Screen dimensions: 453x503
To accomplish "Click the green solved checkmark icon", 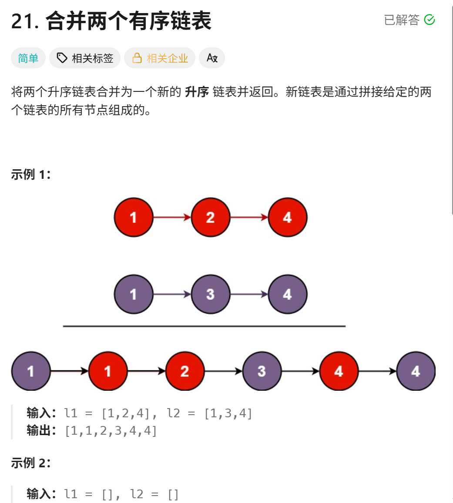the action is point(430,20).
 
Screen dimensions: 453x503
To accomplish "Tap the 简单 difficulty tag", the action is point(28,58).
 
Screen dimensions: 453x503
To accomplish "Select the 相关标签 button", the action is point(85,58).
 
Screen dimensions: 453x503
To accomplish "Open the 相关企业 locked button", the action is point(160,58).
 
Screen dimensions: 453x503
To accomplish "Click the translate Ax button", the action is point(212,58).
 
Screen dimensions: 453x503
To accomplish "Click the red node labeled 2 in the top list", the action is point(210,217).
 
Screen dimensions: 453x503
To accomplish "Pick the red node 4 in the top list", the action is point(287,217).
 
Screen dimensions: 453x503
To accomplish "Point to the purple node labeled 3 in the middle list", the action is point(210,294).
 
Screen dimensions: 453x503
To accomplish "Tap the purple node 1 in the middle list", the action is point(134,294).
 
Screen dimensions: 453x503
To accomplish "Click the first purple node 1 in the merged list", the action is point(30,371).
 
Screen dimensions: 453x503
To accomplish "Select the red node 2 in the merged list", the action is point(185,371).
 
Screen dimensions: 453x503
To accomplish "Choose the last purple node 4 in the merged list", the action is point(416,371).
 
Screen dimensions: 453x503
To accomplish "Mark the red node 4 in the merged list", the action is point(339,371).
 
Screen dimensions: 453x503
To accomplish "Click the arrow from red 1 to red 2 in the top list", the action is point(172,217).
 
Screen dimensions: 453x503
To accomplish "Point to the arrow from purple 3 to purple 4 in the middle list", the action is point(249,294).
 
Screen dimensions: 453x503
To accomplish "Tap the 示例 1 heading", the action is point(30,175).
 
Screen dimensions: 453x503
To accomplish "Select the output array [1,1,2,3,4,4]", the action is point(111,431).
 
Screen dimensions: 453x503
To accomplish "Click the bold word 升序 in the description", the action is point(197,92).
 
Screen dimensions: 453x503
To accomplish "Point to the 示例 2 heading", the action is point(30,463).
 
